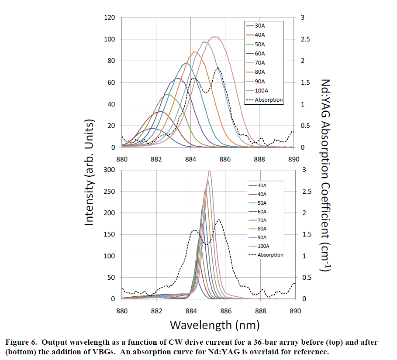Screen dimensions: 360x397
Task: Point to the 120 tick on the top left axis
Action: tap(109, 17)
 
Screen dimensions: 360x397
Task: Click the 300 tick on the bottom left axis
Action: tap(109, 169)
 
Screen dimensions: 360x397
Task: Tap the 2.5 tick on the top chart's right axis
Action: tap(304, 39)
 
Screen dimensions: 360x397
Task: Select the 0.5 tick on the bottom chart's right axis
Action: tap(304, 278)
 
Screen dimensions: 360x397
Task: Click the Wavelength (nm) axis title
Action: tap(214, 325)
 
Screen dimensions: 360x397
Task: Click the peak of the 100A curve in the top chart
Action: tap(215, 37)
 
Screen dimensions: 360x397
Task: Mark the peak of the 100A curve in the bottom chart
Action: tap(210, 171)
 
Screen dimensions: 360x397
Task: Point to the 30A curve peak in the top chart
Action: tap(152, 128)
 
